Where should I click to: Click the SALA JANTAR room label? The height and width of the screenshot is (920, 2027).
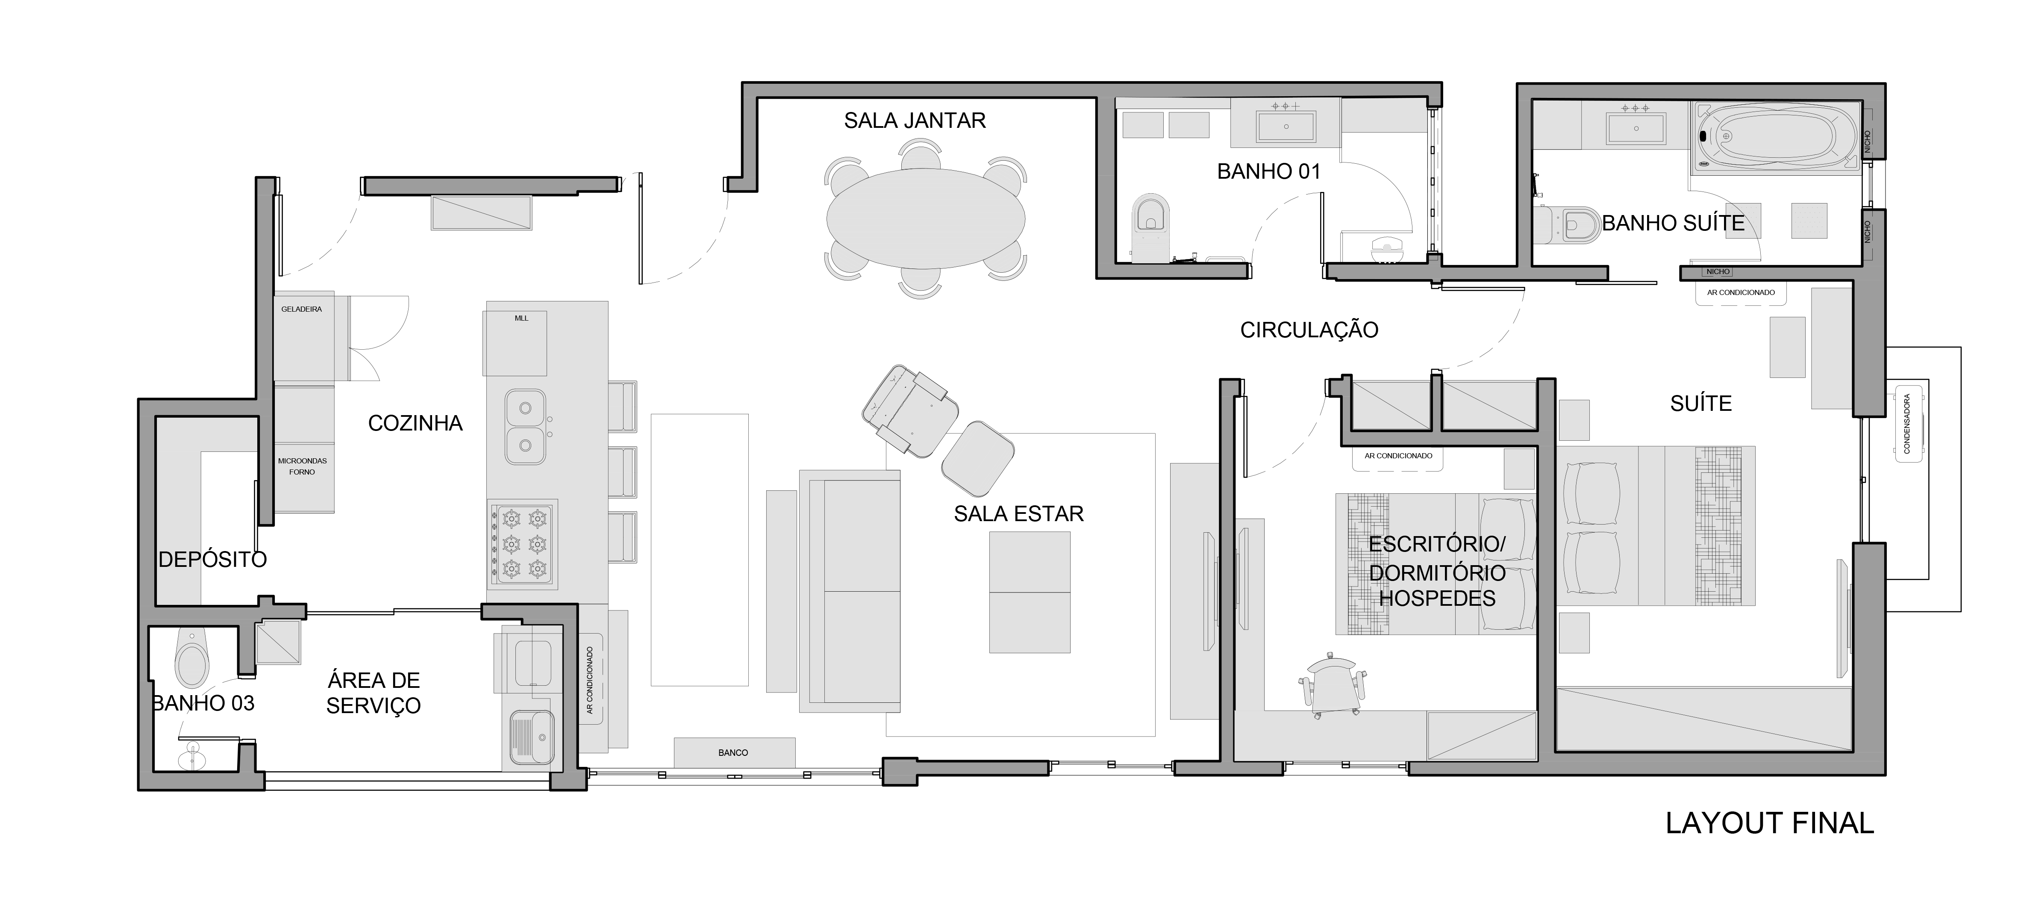(915, 121)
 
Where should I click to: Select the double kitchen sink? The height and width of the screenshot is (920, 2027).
(525, 427)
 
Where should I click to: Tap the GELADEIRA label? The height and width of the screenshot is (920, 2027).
(301, 309)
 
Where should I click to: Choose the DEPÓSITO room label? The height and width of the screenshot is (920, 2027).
(212, 560)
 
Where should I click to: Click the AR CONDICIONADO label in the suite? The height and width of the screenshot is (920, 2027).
(1741, 293)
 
